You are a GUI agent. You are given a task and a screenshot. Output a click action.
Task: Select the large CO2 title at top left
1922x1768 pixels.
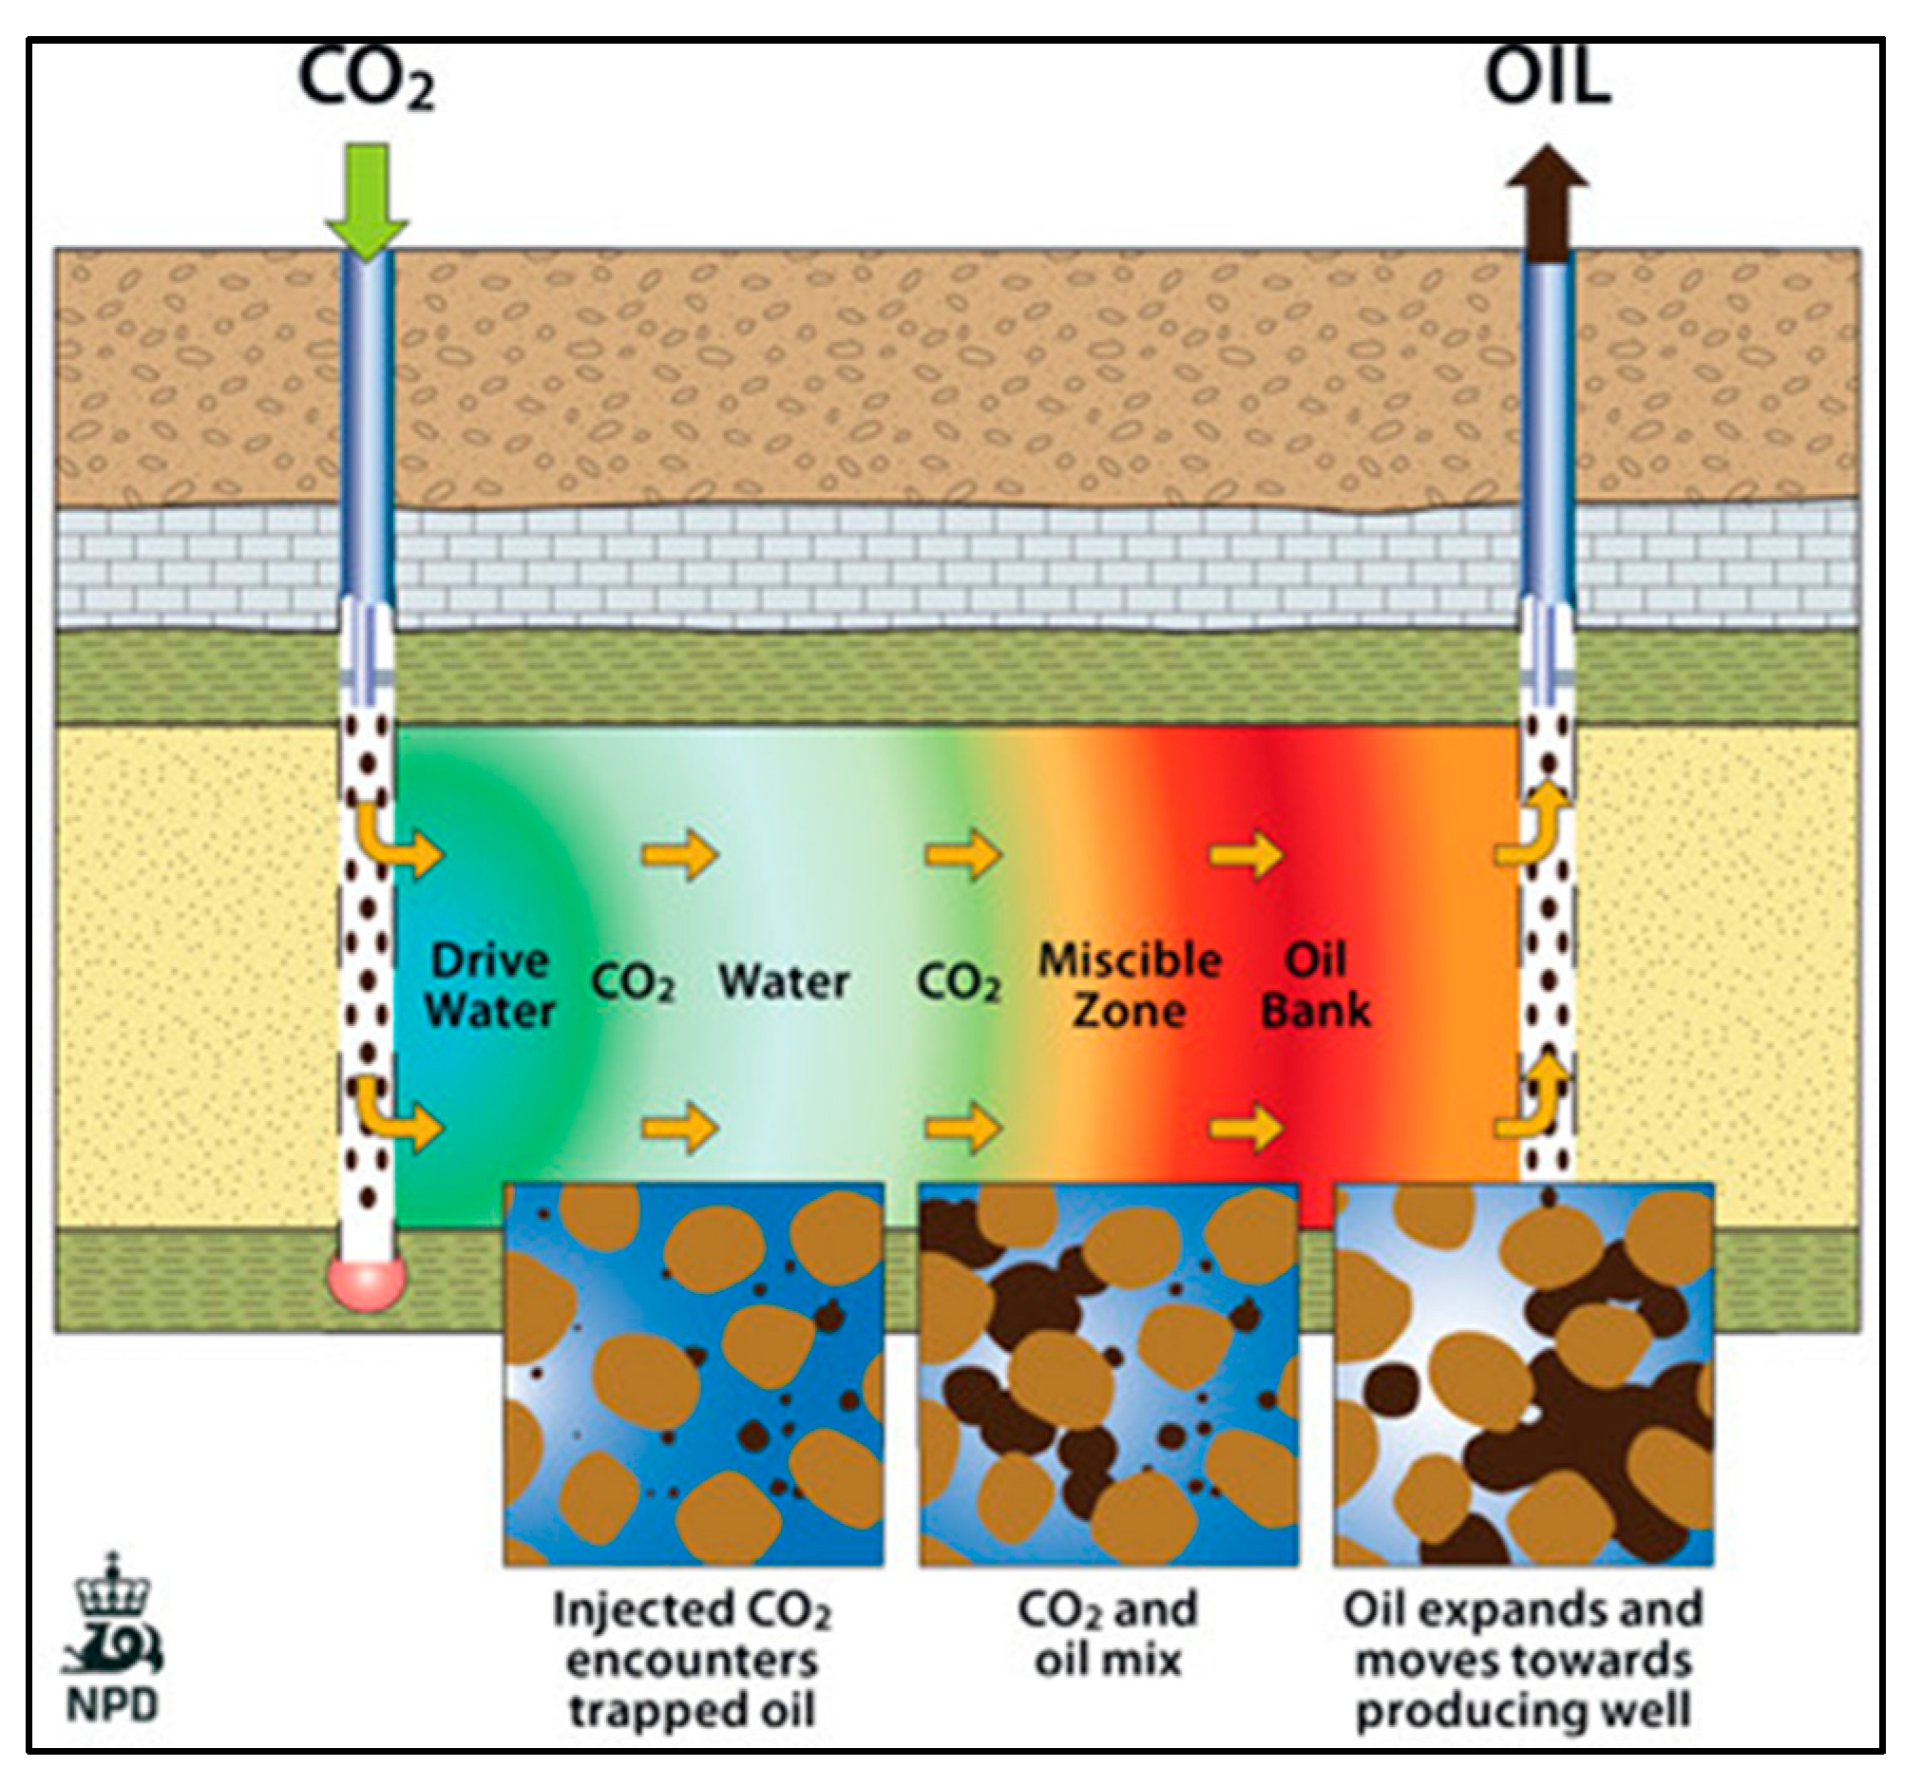pos(368,82)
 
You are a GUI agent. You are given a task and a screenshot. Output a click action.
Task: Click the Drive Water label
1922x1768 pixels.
pos(490,985)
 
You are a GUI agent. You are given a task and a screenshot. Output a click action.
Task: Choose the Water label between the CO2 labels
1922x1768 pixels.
pos(784,981)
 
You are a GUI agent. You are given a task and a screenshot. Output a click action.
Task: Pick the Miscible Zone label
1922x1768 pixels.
pos(1130,985)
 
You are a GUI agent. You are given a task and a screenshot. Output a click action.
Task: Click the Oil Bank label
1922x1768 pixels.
pos(1316,985)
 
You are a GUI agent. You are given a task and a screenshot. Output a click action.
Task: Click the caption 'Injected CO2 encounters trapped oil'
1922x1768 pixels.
pos(692,1660)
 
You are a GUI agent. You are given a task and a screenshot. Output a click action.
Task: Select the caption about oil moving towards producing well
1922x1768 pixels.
pos(1523,1660)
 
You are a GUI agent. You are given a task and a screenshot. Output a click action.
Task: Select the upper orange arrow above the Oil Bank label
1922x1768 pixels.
pos(1246,853)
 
